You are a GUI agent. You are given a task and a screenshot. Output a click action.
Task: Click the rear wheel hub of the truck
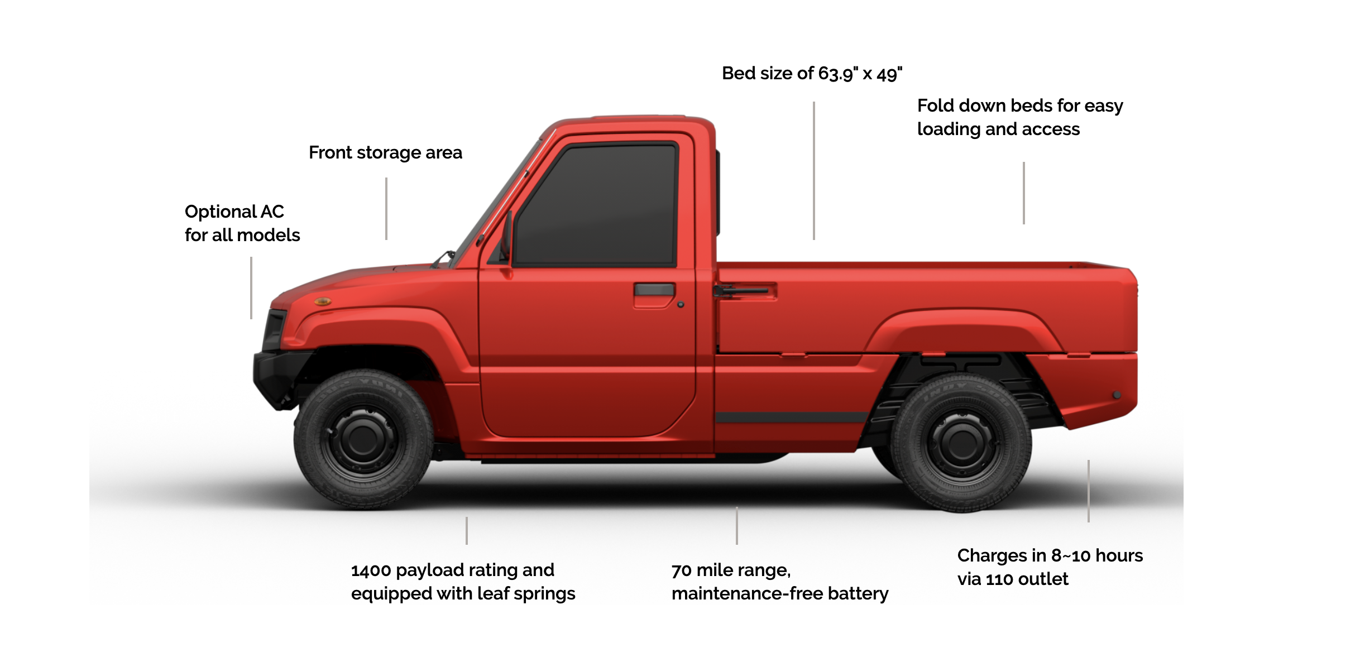961,443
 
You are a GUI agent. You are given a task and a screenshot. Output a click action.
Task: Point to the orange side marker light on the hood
323,301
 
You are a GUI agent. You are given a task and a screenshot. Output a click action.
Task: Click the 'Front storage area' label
385,152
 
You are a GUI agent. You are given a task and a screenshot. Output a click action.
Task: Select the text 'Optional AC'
234,212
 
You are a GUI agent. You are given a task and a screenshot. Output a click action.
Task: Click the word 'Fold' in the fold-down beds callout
935,105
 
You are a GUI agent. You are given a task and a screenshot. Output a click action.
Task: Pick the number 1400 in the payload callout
371,570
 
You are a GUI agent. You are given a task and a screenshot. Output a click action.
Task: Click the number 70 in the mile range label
681,570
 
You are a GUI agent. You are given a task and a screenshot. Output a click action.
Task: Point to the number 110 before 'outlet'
999,579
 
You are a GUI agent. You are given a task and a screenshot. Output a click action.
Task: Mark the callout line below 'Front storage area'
386,208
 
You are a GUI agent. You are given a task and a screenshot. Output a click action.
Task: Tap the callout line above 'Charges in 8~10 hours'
1088,491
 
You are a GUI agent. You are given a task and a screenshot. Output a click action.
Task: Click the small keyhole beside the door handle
681,305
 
